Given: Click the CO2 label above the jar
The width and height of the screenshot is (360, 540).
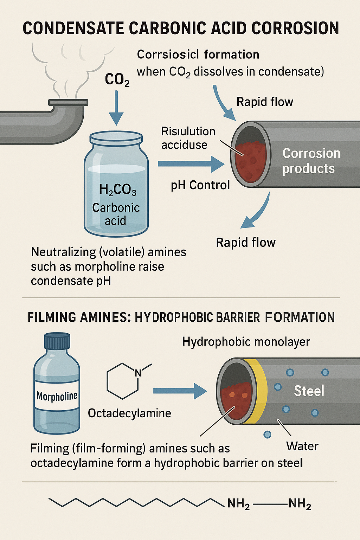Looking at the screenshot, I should (117, 80).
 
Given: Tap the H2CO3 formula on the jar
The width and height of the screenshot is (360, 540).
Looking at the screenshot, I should (117, 190).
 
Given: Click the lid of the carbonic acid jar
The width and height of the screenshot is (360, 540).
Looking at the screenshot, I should (116, 137).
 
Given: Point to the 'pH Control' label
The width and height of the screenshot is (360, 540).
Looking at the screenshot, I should (200, 185).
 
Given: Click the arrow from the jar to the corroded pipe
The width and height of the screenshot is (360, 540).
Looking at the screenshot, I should (190, 164).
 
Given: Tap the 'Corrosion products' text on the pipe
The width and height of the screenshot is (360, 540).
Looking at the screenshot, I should (311, 161).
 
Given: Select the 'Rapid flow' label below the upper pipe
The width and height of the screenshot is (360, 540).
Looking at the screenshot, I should (245, 243).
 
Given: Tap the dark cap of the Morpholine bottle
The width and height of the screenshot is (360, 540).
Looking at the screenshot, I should (57, 341).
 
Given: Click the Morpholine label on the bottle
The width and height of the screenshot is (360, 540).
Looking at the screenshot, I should (57, 397).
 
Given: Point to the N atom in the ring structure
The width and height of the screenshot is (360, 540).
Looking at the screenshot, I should (138, 373).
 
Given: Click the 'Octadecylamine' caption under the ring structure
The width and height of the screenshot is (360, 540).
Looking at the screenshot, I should (129, 413).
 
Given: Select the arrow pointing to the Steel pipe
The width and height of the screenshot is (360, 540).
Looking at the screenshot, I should (179, 391).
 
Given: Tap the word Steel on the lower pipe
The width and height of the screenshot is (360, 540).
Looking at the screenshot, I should (309, 391).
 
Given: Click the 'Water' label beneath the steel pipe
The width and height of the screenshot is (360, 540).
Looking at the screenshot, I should (302, 446).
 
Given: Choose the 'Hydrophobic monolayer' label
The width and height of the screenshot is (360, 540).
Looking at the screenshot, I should (246, 342).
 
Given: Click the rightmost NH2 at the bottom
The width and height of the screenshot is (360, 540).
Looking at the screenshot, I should (300, 504).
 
